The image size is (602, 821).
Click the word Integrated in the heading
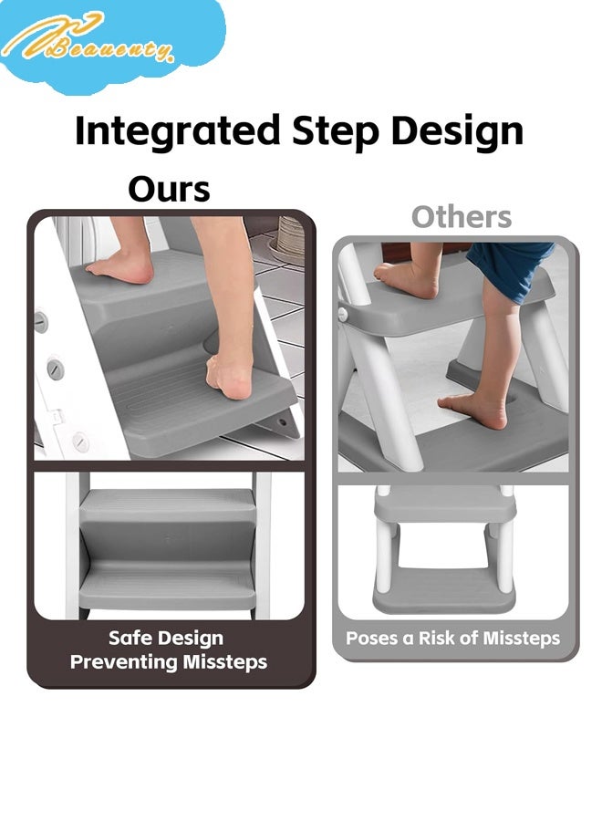pos(177,130)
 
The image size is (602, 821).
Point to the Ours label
pos(169,189)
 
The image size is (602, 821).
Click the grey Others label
pos(461,217)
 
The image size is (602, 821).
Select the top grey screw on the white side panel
pos(41,321)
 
